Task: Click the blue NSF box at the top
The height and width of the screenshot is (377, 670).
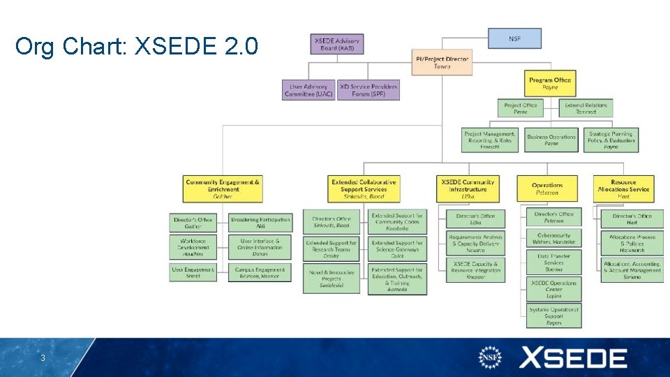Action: [514, 38]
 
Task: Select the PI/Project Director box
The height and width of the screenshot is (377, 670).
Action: [442, 62]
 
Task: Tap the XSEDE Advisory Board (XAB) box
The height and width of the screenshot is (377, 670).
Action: [336, 43]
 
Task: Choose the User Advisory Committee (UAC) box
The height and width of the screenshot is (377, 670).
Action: [308, 90]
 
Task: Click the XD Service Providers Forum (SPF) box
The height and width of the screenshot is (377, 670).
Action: [368, 90]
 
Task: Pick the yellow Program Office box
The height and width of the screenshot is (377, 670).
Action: [550, 84]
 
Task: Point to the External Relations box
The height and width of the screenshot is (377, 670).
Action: [586, 108]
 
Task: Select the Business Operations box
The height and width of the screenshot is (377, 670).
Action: [551, 140]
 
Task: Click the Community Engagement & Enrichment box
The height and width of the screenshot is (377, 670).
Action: [223, 188]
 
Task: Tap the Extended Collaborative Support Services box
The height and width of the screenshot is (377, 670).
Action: [364, 188]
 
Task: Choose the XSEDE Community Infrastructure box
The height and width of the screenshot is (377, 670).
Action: [468, 188]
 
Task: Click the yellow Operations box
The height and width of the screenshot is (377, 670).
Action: [547, 188]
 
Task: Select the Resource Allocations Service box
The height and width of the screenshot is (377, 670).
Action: [623, 188]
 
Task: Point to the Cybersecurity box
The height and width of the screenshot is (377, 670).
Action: [553, 239]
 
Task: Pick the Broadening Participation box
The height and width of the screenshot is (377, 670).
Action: [260, 223]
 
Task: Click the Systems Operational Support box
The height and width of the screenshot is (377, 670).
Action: [553, 316]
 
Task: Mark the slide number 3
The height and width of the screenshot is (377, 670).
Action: [43, 358]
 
